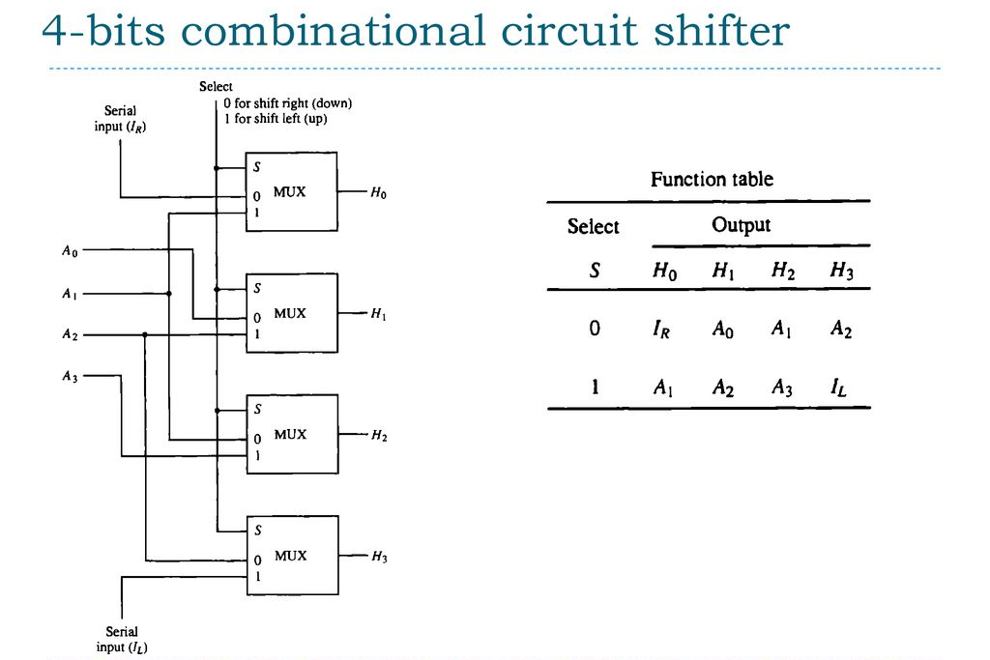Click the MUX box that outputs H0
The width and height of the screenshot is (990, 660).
290,191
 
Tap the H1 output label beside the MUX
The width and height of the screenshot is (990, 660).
378,314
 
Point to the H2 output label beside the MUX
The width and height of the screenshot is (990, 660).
378,436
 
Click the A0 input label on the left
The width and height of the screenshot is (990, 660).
69,252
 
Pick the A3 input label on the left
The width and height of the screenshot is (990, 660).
69,377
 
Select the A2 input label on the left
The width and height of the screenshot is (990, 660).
69,335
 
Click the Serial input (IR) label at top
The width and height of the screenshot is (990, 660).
121,119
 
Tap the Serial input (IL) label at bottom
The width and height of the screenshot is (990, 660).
122,639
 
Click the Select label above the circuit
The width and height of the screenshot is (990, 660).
216,87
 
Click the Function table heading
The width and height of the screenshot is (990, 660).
712,179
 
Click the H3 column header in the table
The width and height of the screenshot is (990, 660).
842,272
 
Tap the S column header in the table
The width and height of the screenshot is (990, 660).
595,272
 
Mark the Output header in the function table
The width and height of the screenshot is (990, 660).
741,225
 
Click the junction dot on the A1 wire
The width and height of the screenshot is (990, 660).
169,293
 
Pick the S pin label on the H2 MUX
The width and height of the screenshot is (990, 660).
257,409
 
